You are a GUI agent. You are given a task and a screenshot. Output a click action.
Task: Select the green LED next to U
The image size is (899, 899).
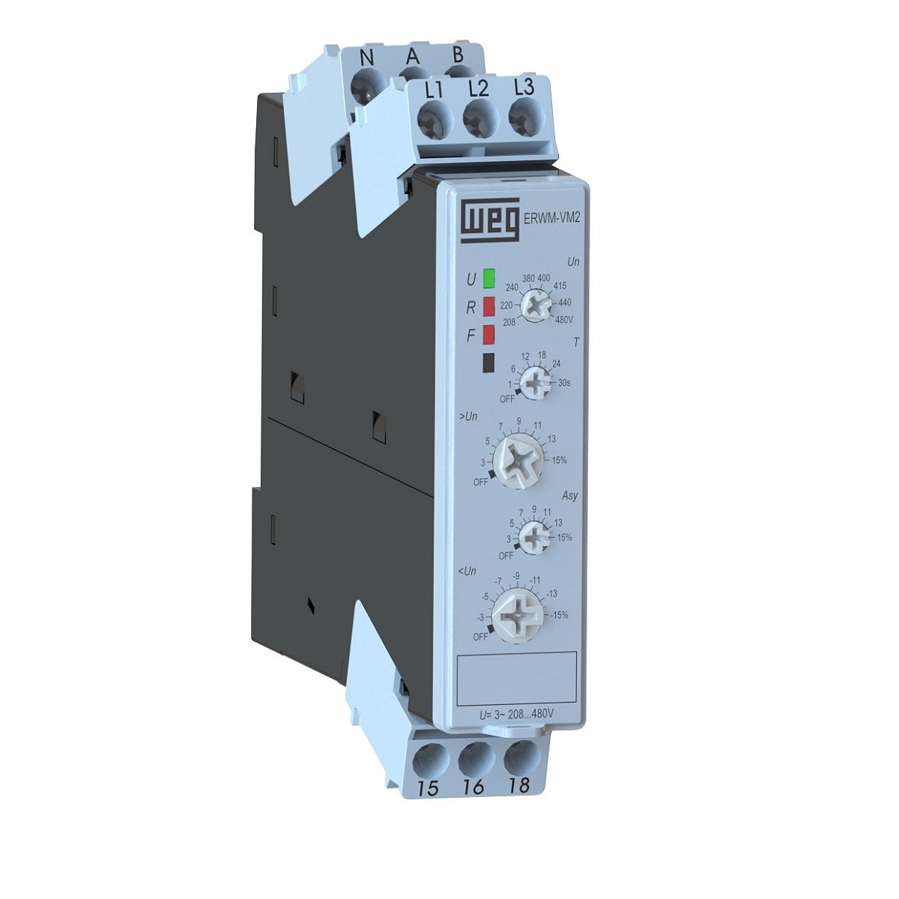click(490, 279)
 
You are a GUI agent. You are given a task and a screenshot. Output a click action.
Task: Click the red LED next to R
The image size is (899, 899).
click(489, 306)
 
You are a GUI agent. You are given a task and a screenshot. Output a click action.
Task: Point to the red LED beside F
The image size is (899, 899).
click(489, 334)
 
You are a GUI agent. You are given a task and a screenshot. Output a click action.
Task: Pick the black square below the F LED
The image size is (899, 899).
click(489, 363)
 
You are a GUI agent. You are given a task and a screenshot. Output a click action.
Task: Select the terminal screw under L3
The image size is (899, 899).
click(523, 117)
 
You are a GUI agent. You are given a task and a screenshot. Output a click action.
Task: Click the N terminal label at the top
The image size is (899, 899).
click(367, 58)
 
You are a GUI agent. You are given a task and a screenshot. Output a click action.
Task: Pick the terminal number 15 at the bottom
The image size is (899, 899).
click(429, 788)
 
